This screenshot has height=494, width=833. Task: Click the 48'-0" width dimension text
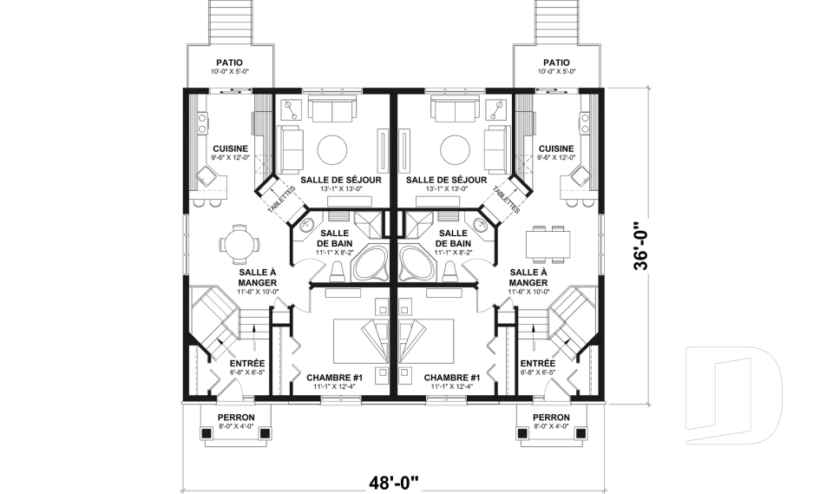[394, 483]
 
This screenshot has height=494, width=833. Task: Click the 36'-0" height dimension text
[641, 246]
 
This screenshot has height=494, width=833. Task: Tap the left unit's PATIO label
[229, 63]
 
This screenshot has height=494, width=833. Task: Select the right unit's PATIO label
[556, 63]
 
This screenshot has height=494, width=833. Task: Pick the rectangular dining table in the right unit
[548, 244]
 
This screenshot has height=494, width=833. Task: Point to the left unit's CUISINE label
[230, 148]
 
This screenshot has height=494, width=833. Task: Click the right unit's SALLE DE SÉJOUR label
[446, 180]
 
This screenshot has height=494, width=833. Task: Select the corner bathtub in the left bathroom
[372, 262]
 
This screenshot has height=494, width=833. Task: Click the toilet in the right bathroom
[450, 271]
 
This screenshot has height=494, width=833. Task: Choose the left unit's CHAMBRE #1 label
[334, 378]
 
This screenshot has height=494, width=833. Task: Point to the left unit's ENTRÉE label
[247, 363]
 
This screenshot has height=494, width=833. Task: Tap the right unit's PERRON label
[551, 418]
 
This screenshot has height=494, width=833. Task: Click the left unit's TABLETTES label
[281, 200]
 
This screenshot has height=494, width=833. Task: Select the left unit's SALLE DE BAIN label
[335, 238]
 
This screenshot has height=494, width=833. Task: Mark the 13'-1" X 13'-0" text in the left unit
[341, 188]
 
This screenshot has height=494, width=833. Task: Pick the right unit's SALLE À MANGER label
[528, 278]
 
